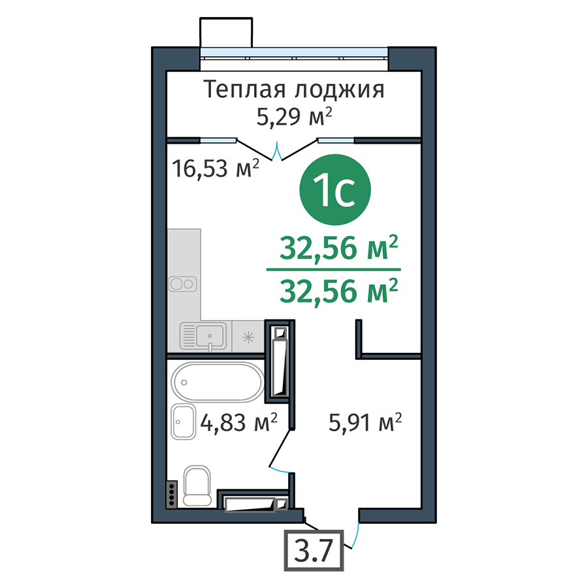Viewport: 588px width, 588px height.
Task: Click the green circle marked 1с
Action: [335, 189]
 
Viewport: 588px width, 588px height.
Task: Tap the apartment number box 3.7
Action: [314, 551]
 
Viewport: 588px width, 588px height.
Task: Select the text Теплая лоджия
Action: [294, 90]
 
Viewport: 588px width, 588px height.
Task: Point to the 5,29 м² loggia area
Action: [295, 116]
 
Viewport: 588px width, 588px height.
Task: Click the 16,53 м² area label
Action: [216, 168]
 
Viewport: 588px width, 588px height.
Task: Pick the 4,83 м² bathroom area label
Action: [239, 423]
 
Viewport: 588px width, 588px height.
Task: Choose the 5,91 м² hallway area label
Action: [365, 423]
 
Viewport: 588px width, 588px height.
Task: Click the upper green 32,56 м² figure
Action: [338, 248]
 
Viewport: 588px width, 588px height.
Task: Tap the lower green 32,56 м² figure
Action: [338, 291]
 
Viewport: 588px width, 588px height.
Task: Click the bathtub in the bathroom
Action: [218, 382]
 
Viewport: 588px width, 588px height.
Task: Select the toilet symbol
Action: [197, 486]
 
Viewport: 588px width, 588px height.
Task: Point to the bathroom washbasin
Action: [184, 421]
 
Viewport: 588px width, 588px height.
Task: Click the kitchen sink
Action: [204, 336]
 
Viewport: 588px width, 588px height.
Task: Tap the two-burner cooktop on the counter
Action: [183, 284]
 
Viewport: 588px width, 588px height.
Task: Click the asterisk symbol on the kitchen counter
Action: [248, 338]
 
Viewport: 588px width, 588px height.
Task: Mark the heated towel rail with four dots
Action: [172, 495]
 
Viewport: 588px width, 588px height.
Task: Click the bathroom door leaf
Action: [280, 448]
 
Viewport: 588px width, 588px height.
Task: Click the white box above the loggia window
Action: [226, 32]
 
